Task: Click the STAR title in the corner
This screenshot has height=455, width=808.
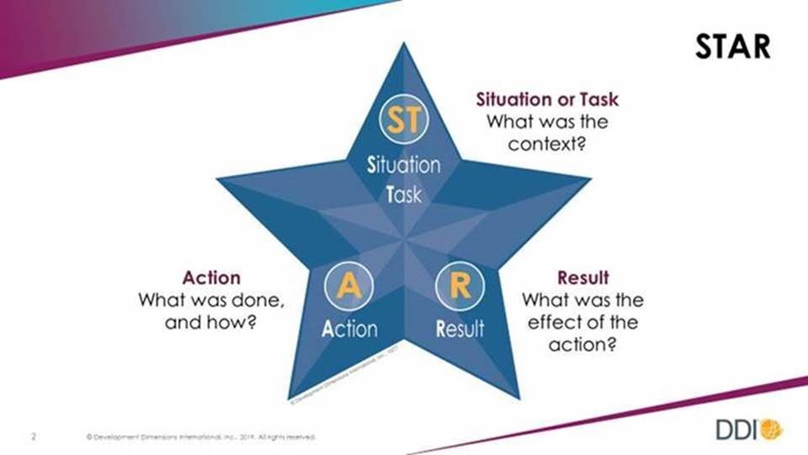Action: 732,46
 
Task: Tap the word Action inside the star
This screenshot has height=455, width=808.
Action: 349,329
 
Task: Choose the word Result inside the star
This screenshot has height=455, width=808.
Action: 460,329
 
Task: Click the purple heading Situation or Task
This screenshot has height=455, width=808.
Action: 547,99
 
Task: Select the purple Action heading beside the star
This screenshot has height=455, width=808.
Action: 211,277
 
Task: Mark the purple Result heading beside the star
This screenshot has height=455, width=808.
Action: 582,277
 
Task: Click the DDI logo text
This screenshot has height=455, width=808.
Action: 737,430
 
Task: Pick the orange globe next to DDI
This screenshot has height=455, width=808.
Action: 771,430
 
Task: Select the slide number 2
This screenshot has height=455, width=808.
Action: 34,436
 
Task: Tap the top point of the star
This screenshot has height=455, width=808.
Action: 404,49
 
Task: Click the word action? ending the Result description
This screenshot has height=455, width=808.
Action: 582,343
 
